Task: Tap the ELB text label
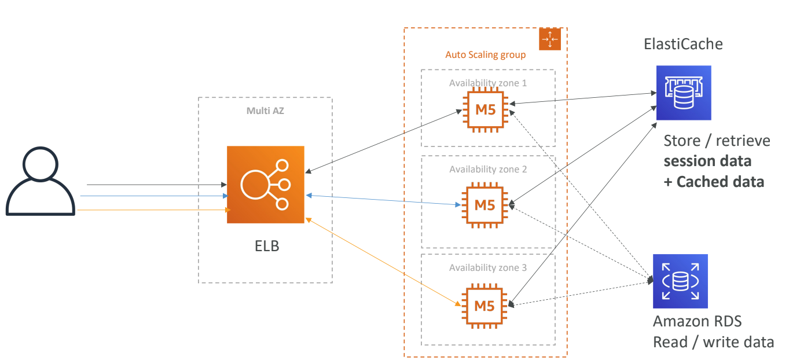point(267,246)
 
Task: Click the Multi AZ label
point(265,111)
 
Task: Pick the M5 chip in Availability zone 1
point(485,109)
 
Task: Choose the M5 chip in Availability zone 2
point(485,204)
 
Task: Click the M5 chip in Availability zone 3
point(485,304)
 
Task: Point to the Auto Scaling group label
point(485,55)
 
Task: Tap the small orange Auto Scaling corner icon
point(550,39)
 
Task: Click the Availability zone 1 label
point(487,83)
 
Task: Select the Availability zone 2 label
point(487,170)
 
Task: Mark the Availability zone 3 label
point(487,268)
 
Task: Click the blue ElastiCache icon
point(683,93)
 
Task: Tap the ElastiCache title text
point(683,44)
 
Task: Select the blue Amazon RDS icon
point(680,281)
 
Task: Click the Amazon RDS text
point(697,322)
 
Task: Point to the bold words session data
point(707,161)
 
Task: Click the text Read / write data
point(713,342)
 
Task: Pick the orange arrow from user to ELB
point(151,210)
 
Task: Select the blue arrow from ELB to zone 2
point(382,200)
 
